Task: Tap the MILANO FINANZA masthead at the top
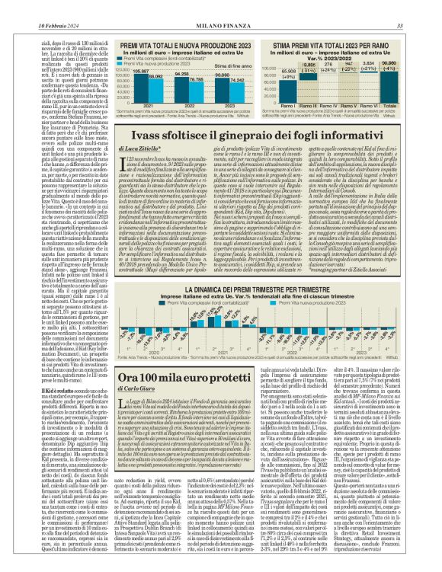[x=221, y=7]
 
